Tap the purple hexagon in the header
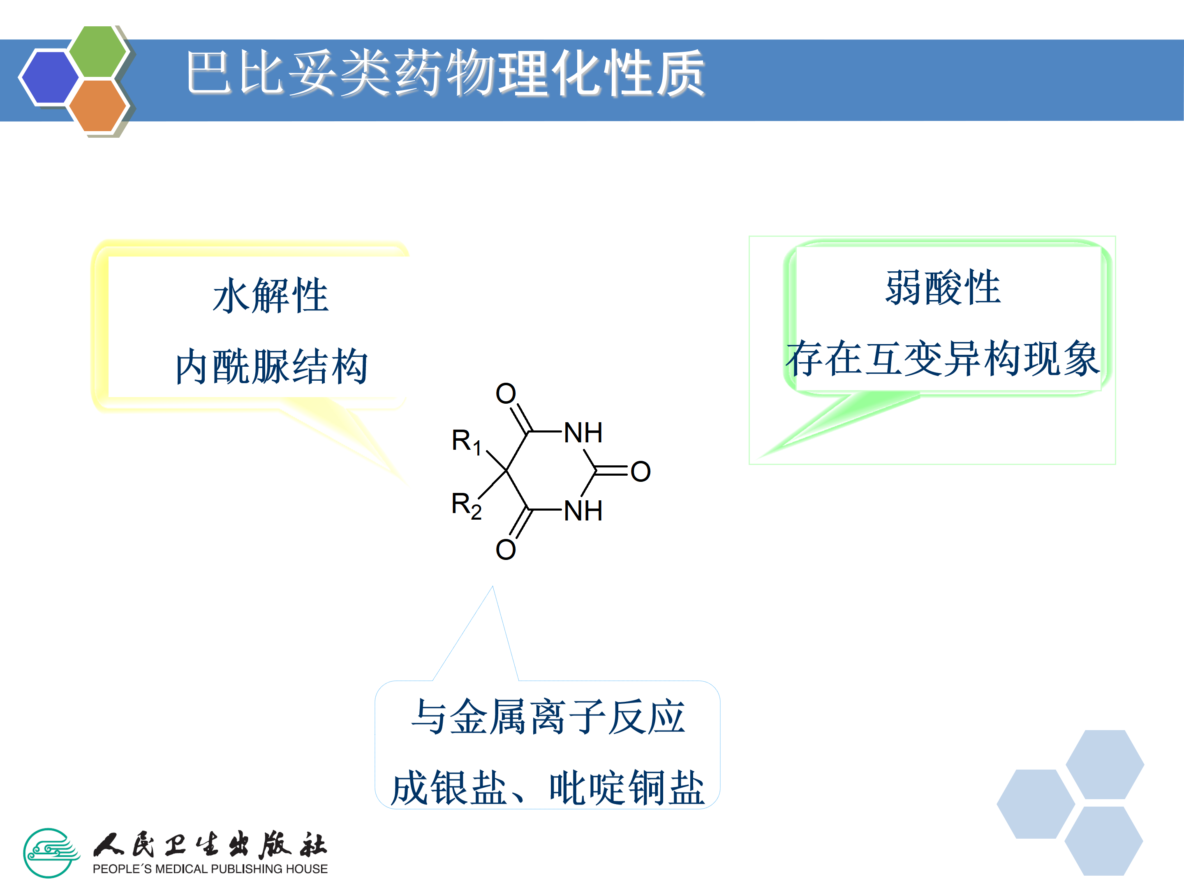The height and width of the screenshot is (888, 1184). pos(49,76)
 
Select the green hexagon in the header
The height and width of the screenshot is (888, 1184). pos(98,51)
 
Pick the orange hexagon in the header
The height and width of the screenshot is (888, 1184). pos(97,105)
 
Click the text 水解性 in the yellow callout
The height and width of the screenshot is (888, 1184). pos(271,296)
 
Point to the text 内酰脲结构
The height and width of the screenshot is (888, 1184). pos(271,367)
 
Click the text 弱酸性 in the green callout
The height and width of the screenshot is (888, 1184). pos(943,288)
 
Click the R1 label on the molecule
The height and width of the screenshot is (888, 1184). pos(466,442)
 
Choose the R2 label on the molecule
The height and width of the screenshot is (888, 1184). pos(466,505)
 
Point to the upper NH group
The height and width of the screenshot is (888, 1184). pos(583,432)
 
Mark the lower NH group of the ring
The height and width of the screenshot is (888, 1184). pos(583,511)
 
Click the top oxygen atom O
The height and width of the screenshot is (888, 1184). pos(505,393)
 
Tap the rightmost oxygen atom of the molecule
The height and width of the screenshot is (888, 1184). pos(640,472)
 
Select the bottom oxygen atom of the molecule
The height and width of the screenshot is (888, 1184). pos(505,550)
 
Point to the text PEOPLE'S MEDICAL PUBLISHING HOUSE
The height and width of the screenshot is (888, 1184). pos(210,869)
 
